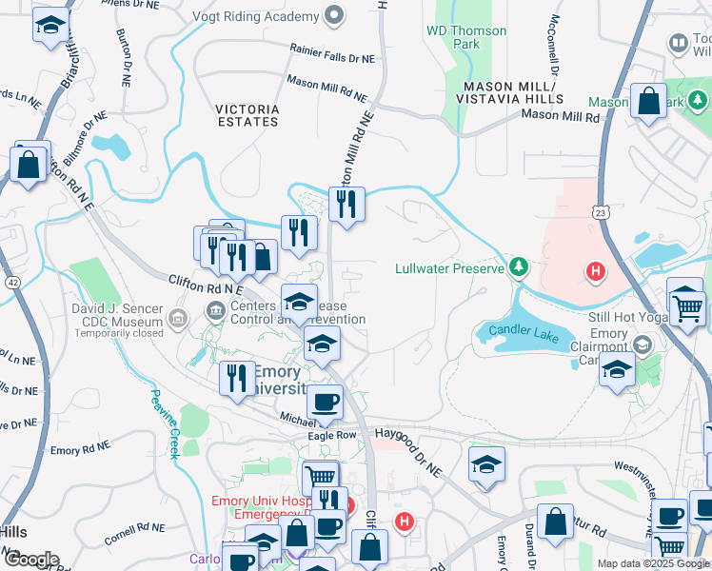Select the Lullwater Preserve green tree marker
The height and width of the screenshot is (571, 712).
tap(518, 267)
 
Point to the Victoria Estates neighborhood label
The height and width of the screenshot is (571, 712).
tap(247, 115)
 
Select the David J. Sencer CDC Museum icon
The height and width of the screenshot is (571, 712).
tap(178, 316)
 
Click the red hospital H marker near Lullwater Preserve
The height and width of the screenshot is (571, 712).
tap(596, 273)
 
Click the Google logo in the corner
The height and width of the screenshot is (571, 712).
tap(30, 559)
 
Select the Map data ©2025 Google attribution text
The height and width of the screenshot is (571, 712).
tap(653, 563)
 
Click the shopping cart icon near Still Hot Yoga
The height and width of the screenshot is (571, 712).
tap(685, 305)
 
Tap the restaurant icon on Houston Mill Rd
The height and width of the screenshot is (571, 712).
tap(346, 204)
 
